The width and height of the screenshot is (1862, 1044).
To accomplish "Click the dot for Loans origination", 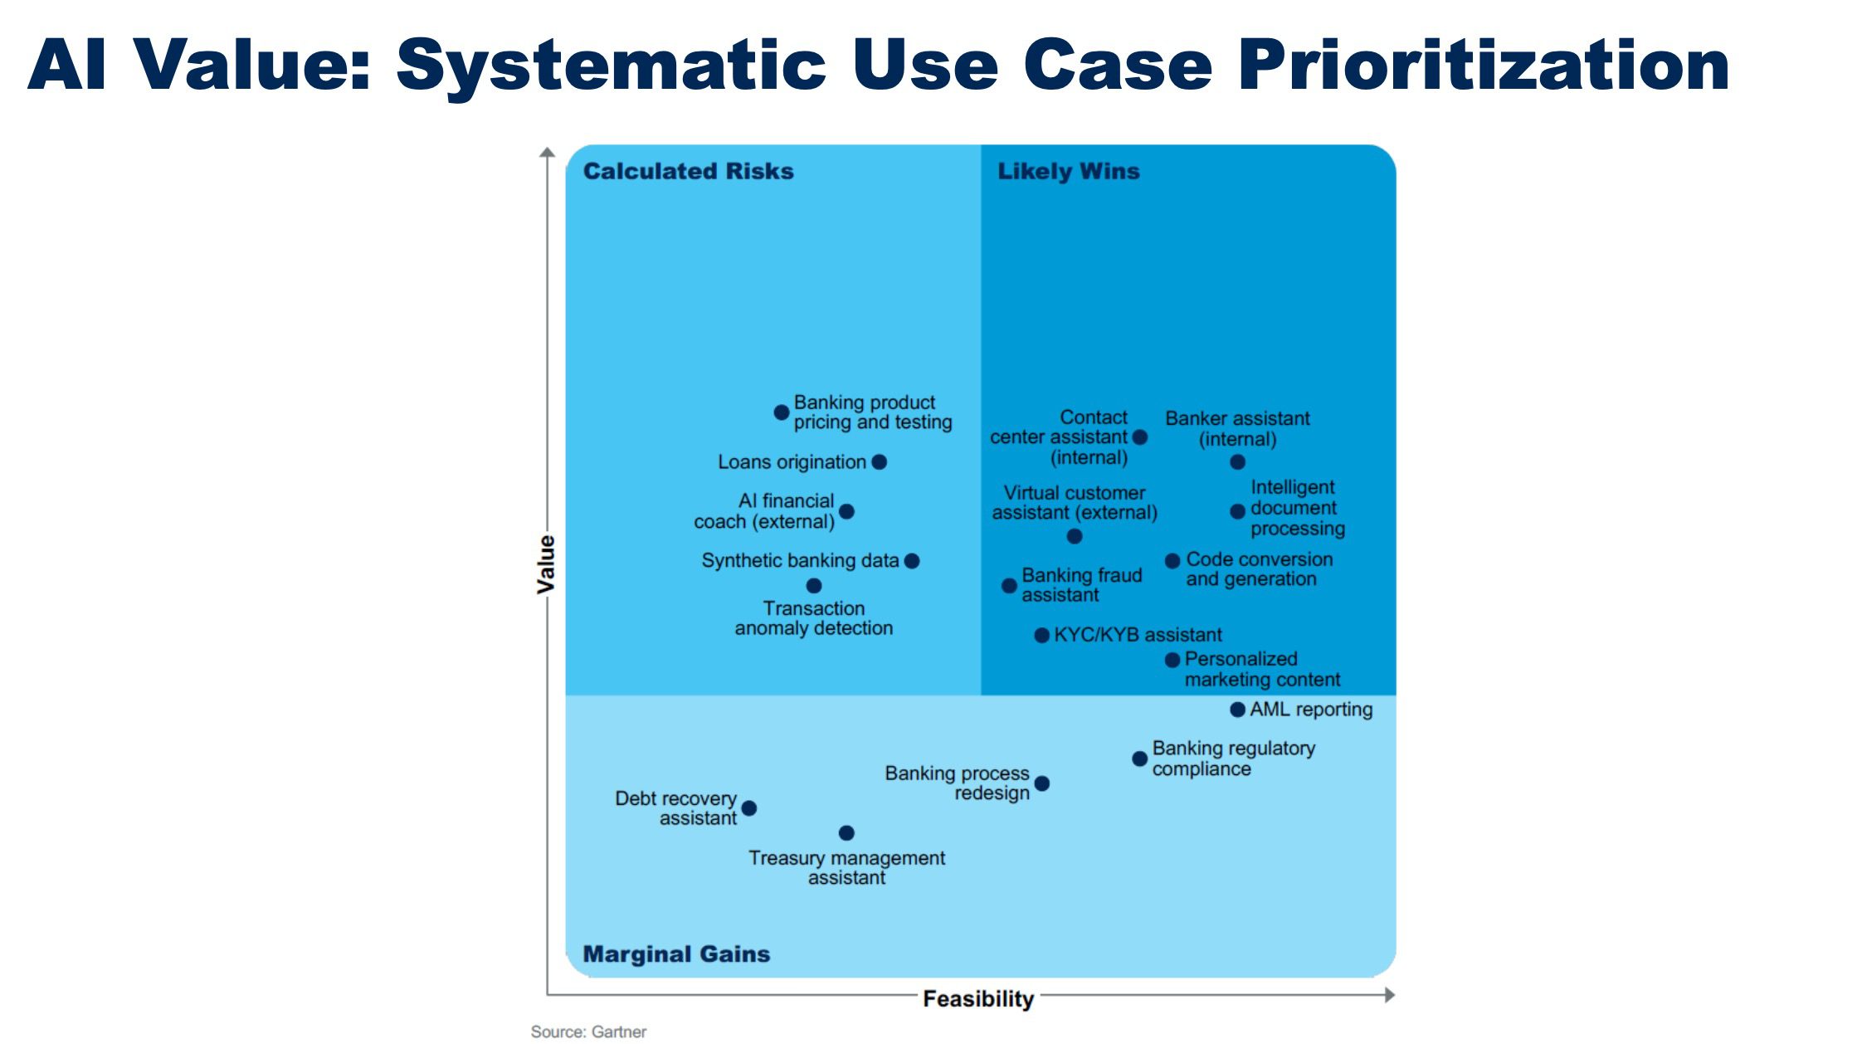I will coord(880,462).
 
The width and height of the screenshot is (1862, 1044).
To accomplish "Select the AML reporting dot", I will coord(1237,710).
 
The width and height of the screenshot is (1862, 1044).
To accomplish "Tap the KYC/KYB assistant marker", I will coord(1041,636).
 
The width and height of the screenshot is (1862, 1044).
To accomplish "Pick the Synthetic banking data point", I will coord(912,561).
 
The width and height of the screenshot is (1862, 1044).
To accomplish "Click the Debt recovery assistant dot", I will coord(749,808).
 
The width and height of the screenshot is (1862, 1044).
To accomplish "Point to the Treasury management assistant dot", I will coord(846,833).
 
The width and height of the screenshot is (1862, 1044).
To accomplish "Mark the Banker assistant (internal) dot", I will coord(1237,462).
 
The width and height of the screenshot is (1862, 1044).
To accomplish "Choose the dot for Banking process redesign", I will coord(1042,783).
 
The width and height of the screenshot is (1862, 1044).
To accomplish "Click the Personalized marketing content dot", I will coord(1172,661).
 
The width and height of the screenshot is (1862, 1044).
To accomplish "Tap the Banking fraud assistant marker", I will coord(1009,586).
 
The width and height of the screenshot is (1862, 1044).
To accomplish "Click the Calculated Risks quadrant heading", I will coord(688,171).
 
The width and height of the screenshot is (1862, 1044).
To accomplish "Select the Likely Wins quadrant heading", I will coord(1068,171).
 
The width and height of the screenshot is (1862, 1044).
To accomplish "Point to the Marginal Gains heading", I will coord(676,954).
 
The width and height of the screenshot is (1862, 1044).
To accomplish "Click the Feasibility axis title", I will coord(978,998).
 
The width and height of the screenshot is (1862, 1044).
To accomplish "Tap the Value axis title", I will coord(545,564).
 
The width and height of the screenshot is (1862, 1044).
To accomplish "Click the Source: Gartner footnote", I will coord(588,1032).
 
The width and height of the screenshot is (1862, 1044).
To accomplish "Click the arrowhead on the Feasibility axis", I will coord(1390,995).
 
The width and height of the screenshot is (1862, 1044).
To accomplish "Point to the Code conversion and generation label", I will coord(1259,569).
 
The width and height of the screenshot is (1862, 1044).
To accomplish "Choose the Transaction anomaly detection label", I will coord(814,618).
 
